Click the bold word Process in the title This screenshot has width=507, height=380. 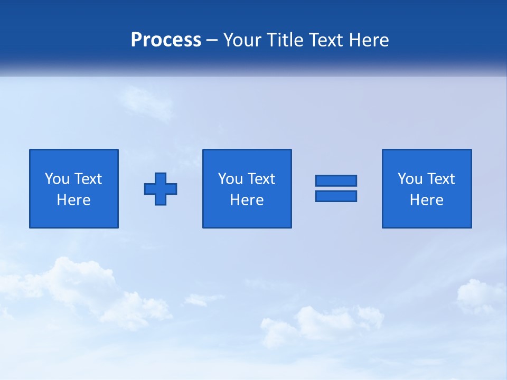coord(166,40)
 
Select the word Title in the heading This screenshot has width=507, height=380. coord(285,40)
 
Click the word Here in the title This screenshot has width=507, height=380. coord(370,40)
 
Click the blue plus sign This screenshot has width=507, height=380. coord(161,189)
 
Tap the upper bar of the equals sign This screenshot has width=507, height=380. coord(336,180)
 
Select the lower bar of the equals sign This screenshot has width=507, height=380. coord(336,196)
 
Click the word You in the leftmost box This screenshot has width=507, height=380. coord(58,179)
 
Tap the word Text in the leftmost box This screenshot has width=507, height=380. coord(88,179)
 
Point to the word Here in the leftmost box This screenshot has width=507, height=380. coord(74,200)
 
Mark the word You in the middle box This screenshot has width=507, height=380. coord(230,179)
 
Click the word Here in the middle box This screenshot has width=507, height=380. coord(247,200)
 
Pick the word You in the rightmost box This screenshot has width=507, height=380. coord(410,179)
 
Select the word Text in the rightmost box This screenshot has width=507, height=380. coord(440,179)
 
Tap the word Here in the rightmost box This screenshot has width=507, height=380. coord(427,200)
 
